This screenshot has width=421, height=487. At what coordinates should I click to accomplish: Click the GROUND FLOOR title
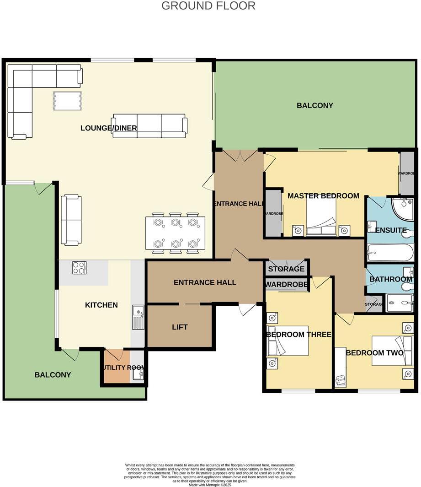(208, 6)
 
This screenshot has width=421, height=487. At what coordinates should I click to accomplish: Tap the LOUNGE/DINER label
(109, 128)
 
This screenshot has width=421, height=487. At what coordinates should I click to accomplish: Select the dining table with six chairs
(176, 233)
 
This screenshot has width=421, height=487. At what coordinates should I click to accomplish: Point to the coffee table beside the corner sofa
(67, 101)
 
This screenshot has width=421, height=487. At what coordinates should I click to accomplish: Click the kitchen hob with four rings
(79, 267)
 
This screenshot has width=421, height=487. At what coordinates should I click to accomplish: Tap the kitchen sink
(138, 317)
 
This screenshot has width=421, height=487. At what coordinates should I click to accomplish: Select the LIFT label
(180, 327)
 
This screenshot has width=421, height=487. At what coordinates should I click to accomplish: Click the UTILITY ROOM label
(123, 368)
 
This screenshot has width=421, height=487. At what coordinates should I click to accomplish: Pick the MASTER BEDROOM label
(323, 196)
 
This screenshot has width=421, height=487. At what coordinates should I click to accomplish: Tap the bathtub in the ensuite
(390, 253)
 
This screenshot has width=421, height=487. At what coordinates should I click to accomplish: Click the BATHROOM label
(391, 279)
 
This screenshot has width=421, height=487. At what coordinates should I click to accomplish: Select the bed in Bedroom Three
(288, 341)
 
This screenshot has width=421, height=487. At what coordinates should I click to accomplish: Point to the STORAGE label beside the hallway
(286, 269)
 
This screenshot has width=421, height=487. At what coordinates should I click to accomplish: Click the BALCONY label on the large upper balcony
(315, 105)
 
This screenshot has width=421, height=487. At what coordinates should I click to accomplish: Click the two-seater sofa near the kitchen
(71, 220)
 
